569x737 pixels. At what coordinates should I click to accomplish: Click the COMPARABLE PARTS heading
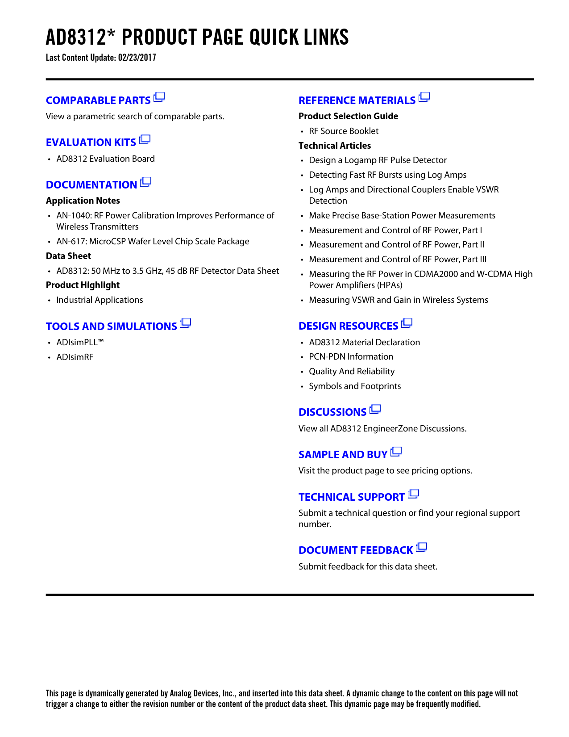[x=98, y=100]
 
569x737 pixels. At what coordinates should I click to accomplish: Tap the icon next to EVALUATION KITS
[x=145, y=140]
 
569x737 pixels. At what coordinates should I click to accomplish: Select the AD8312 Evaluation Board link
[x=105, y=159]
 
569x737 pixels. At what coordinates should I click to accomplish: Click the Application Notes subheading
[x=83, y=201]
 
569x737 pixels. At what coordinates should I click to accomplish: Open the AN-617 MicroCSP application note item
[x=153, y=242]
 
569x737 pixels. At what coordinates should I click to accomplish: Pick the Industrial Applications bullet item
[x=100, y=300]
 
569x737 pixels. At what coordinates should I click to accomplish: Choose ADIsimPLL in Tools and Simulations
[x=80, y=343]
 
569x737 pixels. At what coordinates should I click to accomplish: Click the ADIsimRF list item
[x=75, y=357]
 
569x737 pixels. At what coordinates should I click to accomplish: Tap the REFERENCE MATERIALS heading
[x=357, y=100]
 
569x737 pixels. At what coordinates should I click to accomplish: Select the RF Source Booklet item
[x=344, y=131]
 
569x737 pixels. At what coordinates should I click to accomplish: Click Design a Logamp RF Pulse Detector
[x=378, y=160]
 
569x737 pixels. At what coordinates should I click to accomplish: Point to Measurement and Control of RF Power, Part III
[x=398, y=260]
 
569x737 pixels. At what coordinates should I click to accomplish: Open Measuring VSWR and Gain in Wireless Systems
[x=399, y=300]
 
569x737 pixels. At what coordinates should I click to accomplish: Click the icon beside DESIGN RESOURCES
[x=407, y=323]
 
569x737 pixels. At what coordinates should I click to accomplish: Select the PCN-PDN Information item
[x=351, y=357]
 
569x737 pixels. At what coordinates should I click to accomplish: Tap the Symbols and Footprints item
[x=355, y=386]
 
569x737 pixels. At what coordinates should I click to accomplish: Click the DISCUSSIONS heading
[x=332, y=412]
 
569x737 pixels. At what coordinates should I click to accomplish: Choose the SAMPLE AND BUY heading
[x=343, y=455]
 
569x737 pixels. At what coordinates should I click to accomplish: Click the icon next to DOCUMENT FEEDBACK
[x=421, y=548]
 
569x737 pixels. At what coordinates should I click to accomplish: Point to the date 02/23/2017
[x=137, y=58]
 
